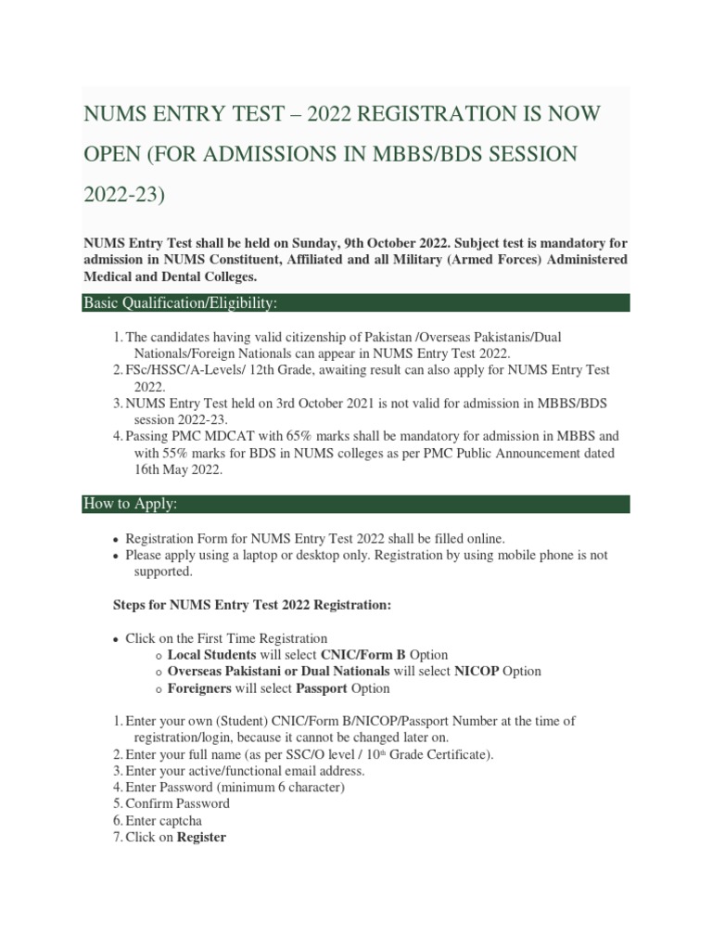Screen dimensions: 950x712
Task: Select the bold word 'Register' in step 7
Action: point(201,837)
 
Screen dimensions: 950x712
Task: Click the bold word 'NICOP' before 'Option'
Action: point(476,671)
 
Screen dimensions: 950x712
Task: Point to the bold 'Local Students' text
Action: point(212,654)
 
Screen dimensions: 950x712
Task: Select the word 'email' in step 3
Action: point(284,770)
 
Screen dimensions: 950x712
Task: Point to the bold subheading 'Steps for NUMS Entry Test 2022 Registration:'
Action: point(252,604)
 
